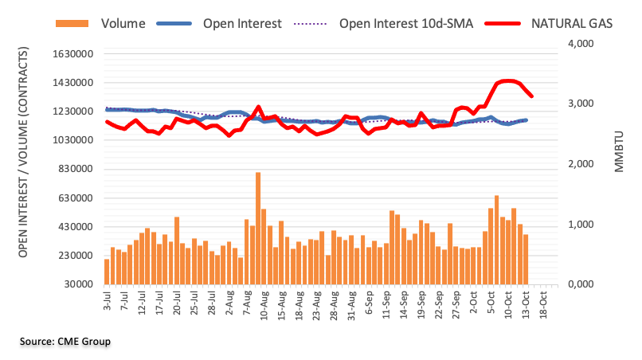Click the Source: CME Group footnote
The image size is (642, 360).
point(65,342)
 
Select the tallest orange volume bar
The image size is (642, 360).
point(258,228)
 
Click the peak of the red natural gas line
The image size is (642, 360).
point(507,80)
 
